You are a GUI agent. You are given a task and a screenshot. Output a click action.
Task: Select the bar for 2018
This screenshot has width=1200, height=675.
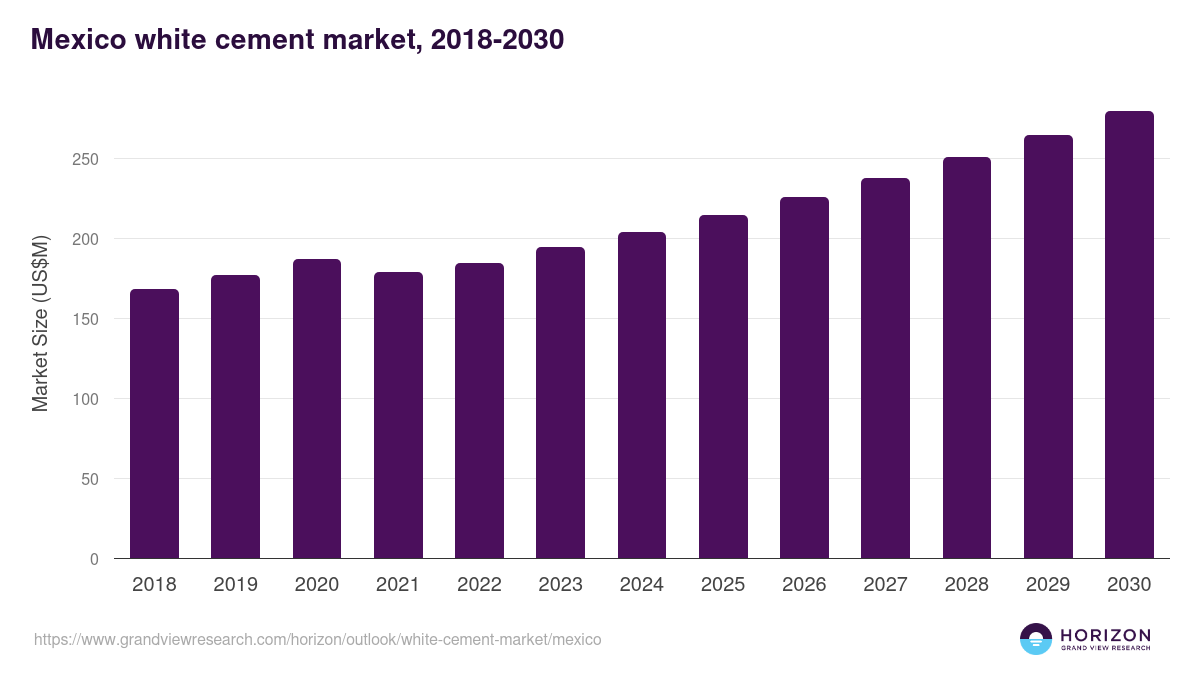click(x=154, y=424)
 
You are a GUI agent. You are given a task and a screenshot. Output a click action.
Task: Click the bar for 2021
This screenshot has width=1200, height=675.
click(x=398, y=415)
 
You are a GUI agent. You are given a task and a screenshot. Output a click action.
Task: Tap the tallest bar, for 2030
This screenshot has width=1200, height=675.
click(x=1129, y=335)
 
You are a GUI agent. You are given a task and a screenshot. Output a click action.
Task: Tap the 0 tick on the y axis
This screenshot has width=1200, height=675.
click(x=94, y=559)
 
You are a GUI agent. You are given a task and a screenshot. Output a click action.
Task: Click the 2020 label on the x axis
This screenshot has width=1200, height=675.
click(x=316, y=585)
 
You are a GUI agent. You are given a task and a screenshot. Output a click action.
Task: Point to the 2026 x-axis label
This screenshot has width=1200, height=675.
click(x=804, y=585)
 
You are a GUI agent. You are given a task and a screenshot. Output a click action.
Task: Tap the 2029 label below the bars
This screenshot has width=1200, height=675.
click(x=1048, y=585)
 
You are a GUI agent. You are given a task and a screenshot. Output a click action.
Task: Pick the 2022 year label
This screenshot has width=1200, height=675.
click(x=479, y=585)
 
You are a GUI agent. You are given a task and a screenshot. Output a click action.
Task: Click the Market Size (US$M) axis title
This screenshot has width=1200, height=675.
click(x=40, y=324)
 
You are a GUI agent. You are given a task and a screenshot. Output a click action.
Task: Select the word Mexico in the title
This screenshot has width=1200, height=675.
click(x=77, y=39)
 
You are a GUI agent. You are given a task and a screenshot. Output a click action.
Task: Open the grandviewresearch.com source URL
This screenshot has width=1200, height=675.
click(x=318, y=639)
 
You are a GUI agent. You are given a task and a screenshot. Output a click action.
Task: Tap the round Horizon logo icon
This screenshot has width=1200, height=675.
click(x=1036, y=639)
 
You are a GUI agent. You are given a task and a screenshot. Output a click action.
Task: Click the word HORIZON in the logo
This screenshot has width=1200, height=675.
click(x=1105, y=634)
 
